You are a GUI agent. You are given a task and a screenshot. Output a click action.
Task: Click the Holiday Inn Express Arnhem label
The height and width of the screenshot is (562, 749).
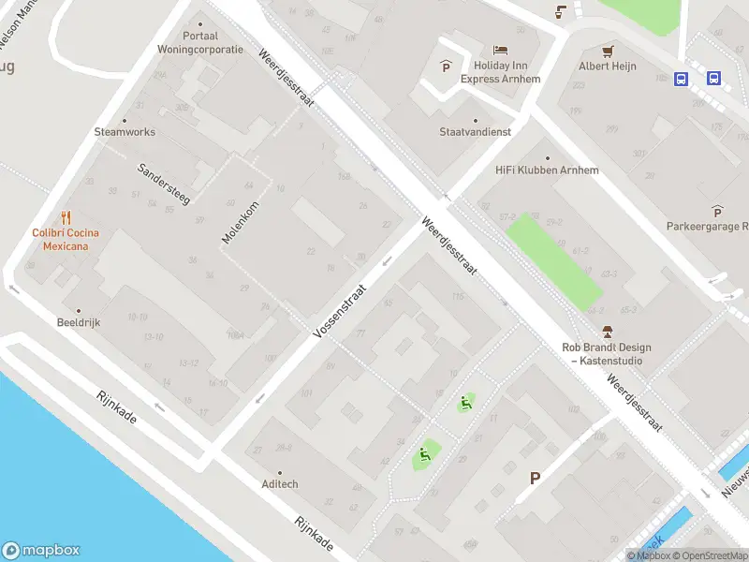point(501,71)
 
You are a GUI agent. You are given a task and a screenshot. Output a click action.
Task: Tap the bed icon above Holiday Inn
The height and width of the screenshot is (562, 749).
point(501,50)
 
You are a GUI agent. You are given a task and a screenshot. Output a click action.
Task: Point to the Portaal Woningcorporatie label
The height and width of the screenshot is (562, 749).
point(200,43)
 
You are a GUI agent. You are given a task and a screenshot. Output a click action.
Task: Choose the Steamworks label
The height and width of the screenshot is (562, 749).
point(125,132)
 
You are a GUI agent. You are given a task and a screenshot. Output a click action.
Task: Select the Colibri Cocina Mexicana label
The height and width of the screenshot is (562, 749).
point(66,239)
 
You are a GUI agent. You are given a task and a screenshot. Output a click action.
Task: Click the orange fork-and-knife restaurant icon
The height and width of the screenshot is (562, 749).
point(66,218)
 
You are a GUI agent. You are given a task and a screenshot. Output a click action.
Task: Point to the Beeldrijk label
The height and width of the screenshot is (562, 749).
point(78,322)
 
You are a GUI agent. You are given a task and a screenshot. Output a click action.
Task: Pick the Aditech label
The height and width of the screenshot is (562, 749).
point(279,484)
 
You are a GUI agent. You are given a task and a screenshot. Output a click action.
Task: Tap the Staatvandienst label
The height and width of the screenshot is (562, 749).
point(476,132)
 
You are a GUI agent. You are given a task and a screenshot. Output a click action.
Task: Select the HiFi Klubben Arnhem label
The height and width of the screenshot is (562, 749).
point(547,170)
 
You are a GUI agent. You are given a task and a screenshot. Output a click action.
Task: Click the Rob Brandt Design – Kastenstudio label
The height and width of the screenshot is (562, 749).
point(607,353)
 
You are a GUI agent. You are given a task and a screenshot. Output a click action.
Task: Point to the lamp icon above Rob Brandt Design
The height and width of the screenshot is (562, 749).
point(607,331)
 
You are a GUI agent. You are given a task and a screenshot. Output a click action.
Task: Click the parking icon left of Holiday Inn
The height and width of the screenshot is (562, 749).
point(445,67)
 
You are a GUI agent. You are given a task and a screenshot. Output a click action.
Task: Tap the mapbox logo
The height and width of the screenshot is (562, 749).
point(40,551)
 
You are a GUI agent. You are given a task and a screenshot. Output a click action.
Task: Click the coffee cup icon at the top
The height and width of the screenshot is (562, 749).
point(561,11)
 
